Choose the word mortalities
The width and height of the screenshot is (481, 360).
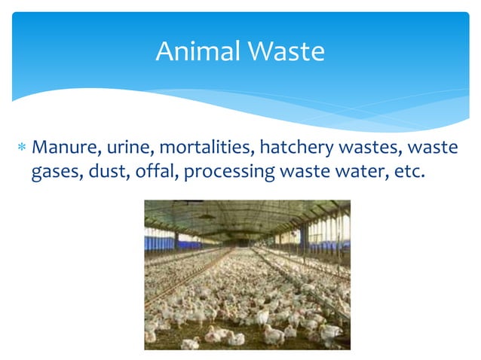tap(201, 145)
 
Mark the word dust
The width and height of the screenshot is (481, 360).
tap(110, 171)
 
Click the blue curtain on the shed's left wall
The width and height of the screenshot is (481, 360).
tap(161, 243)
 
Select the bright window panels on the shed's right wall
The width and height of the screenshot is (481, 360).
tap(328, 230)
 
